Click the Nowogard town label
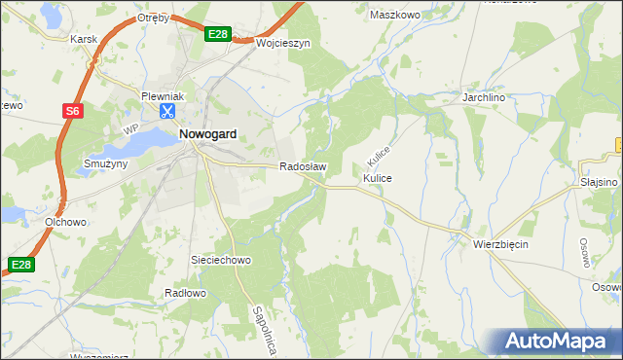pos(209,136)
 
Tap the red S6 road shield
pos(73,112)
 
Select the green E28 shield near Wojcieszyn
pos(218,35)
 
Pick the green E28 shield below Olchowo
pos(21,264)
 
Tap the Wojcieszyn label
pos(282,44)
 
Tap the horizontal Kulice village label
pos(378,180)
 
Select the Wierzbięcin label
pos(500,244)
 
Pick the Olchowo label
pos(65,222)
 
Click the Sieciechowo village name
pos(222,261)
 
